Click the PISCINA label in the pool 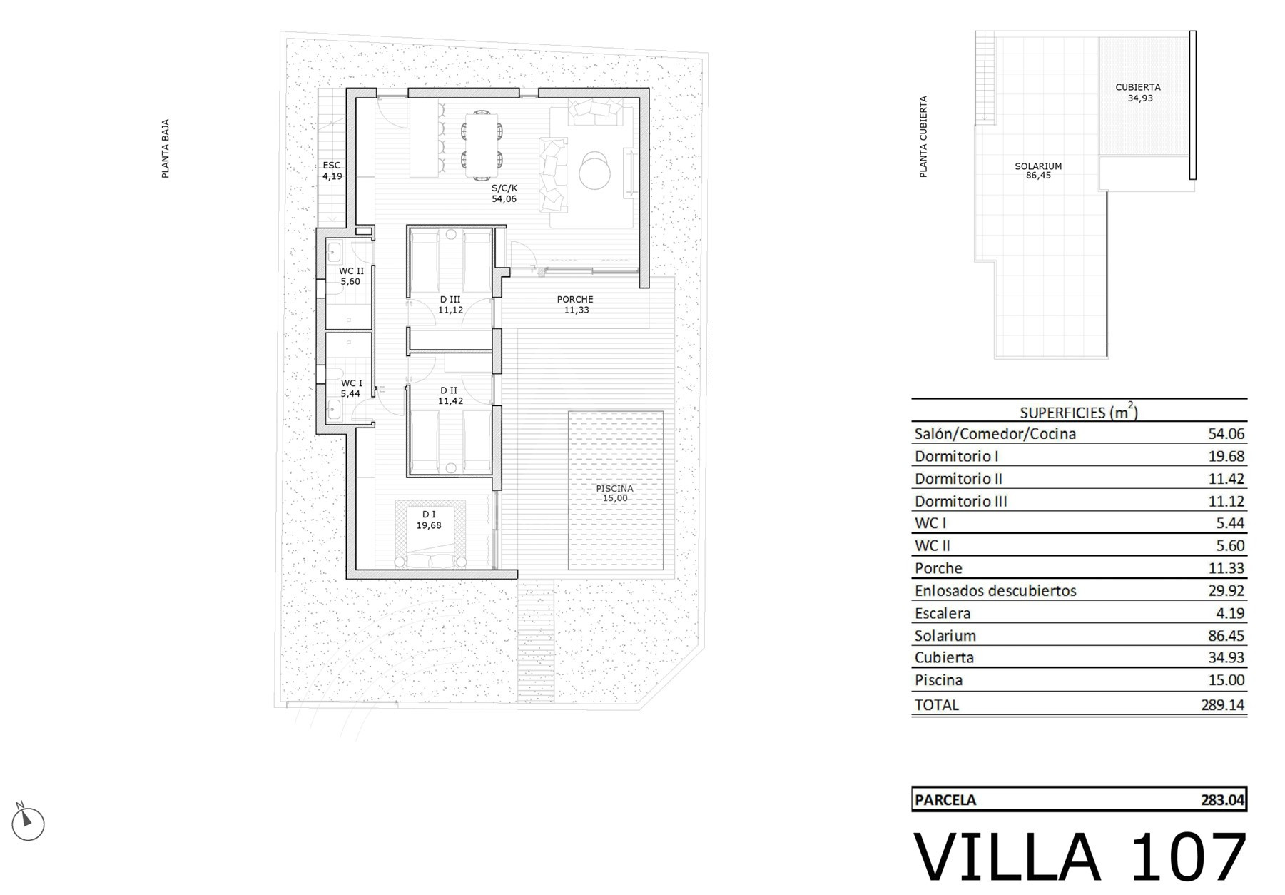point(614,489)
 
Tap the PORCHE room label point(575,300)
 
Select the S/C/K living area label point(504,188)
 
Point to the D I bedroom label point(429,515)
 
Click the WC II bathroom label point(351,271)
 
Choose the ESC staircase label point(332,166)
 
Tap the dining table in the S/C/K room point(482,146)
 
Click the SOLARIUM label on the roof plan point(1038,166)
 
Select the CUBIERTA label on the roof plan point(1138,88)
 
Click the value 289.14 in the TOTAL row point(1223,705)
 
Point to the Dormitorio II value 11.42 point(1226,479)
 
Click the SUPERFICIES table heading point(1079,412)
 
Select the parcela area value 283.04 point(1223,800)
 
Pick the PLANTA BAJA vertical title point(166,148)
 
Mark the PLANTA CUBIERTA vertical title point(923,137)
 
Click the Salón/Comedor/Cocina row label point(995,434)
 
